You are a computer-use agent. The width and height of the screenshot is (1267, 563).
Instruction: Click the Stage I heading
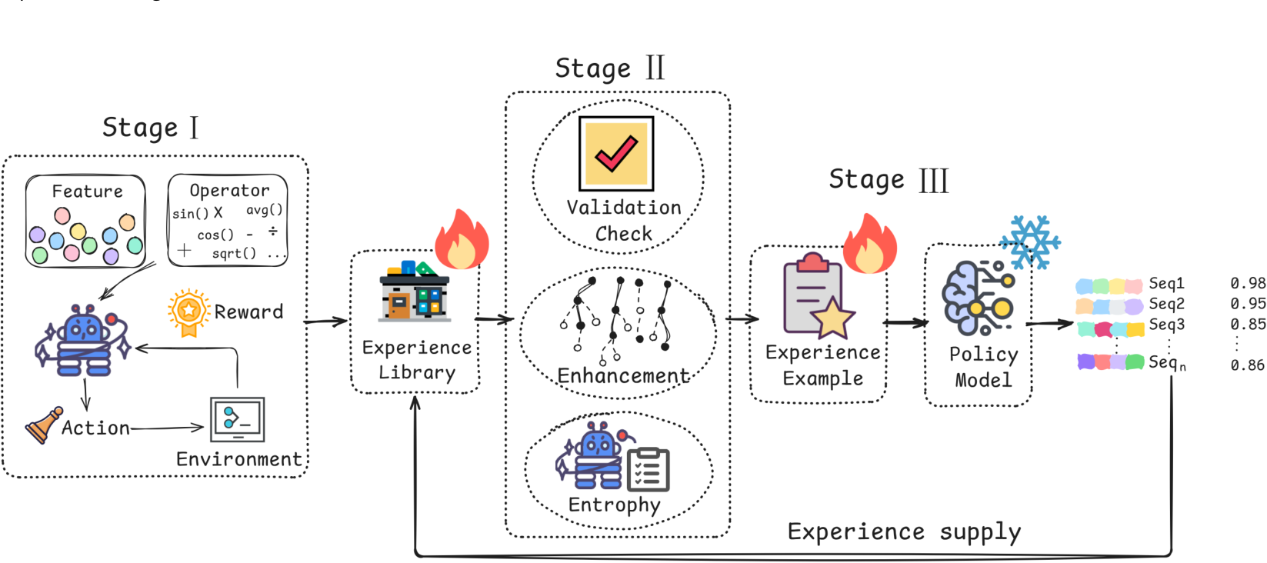(151, 128)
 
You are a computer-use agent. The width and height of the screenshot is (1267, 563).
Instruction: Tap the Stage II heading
(610, 68)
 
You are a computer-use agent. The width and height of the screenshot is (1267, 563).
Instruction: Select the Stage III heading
(888, 180)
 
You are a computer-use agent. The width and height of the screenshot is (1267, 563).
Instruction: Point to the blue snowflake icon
(1030, 242)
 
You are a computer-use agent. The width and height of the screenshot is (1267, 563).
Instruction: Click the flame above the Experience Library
(462, 239)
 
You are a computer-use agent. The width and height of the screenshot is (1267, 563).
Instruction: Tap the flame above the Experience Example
(870, 244)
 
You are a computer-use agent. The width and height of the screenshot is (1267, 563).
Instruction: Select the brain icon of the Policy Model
(978, 297)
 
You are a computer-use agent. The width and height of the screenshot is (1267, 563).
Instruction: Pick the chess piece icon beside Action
(44, 425)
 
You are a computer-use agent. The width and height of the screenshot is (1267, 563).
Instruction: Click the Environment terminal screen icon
(238, 420)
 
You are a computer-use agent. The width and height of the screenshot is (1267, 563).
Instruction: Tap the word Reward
(249, 311)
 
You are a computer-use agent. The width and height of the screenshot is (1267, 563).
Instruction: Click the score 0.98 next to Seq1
(1248, 282)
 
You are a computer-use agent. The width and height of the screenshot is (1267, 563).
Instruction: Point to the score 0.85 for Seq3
(1248, 324)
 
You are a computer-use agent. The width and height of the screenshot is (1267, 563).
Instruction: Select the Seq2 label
(1166, 304)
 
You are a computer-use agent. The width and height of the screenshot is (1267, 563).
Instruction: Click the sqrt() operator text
(234, 254)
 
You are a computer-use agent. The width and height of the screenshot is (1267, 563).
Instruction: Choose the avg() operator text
(264, 210)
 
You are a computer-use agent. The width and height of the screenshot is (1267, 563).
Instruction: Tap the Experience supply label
(905, 532)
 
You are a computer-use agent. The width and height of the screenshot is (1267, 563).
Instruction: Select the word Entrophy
(615, 505)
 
